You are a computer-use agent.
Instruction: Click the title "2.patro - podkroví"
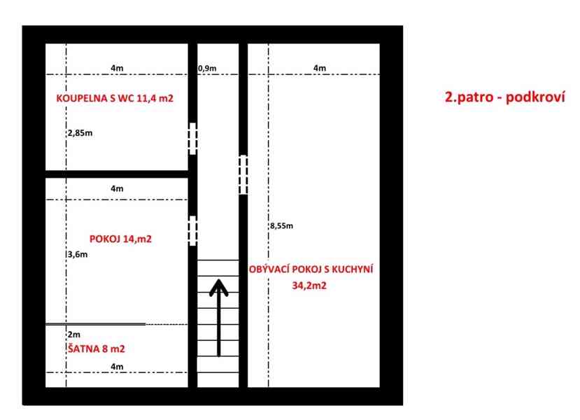(504, 97)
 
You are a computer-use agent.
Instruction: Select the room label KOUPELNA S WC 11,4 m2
(115, 99)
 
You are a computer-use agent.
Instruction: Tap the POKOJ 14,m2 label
(120, 239)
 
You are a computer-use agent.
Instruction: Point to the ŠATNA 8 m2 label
(96, 349)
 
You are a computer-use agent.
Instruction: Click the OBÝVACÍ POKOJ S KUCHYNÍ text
(311, 269)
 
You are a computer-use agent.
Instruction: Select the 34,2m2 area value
(309, 286)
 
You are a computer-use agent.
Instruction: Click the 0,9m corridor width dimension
(207, 69)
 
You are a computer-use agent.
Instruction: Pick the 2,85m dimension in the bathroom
(80, 133)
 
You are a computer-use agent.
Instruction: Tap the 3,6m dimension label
(78, 254)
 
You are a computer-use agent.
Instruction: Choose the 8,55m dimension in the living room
(281, 225)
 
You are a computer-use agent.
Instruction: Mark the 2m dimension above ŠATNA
(74, 335)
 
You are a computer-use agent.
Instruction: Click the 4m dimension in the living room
(320, 68)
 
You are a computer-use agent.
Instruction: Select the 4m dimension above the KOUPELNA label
(117, 68)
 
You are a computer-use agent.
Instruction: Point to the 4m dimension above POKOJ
(117, 189)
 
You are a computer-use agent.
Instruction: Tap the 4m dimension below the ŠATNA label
(117, 367)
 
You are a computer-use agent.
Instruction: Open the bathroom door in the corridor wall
(192, 139)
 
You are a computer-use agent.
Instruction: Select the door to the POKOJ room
(192, 231)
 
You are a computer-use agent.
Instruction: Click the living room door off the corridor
(243, 175)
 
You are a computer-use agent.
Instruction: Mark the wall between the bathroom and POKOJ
(117, 174)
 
